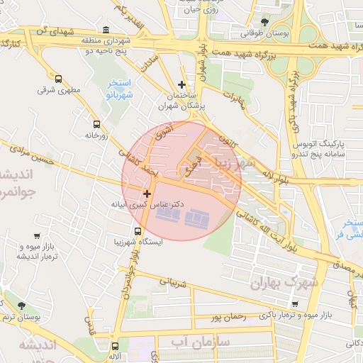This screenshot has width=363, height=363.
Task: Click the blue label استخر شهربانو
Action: click(120, 89)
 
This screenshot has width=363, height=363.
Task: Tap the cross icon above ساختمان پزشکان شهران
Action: click(182, 84)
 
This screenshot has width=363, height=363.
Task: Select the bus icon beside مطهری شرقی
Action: click(58, 79)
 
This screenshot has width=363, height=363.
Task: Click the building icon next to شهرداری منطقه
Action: click(106, 30)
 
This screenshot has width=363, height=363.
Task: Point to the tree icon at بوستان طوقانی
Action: click(265, 22)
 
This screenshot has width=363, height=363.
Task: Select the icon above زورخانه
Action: click(96, 123)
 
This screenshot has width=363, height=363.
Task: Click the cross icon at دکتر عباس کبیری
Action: click(147, 194)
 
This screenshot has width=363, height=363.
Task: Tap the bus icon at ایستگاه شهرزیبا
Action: click(138, 230)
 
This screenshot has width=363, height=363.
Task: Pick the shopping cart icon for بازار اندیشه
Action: click(36, 236)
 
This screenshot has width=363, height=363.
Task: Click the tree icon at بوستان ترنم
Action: click(21, 305)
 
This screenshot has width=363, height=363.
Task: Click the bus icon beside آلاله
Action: click(115, 346)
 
